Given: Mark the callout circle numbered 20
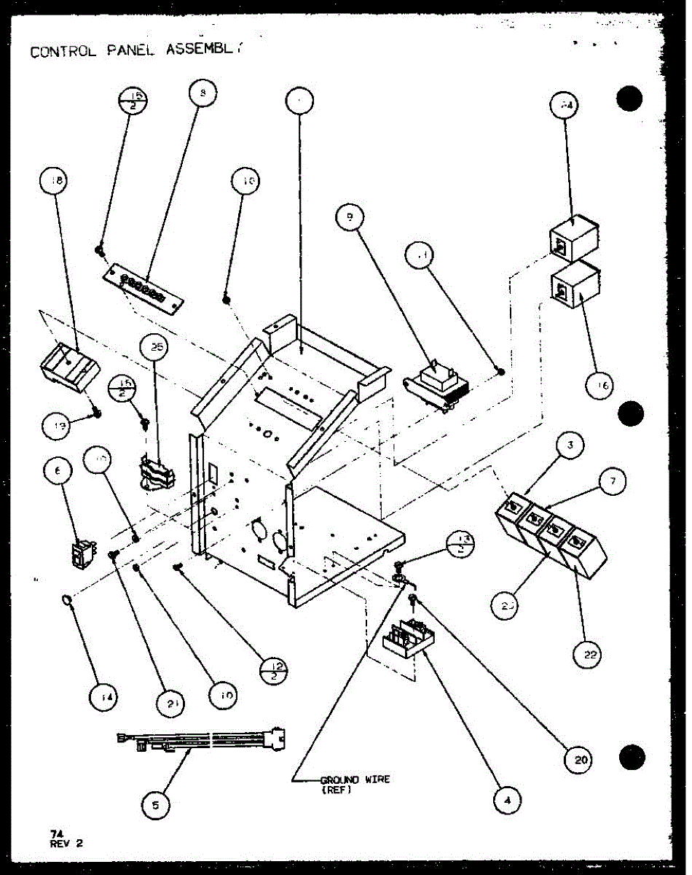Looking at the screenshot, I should (x=581, y=761).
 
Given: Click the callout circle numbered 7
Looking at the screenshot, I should (x=617, y=481).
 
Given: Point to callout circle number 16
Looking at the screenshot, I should (x=601, y=386).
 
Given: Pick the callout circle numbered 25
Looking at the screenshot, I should (x=156, y=349).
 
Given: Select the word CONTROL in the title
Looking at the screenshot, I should (x=61, y=52).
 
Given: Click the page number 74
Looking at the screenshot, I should (x=56, y=833).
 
